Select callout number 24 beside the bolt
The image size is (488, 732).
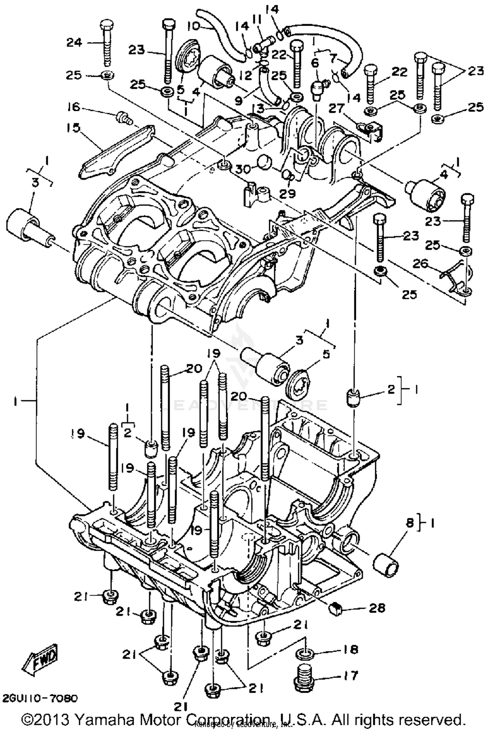75,42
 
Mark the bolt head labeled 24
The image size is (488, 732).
107,25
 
